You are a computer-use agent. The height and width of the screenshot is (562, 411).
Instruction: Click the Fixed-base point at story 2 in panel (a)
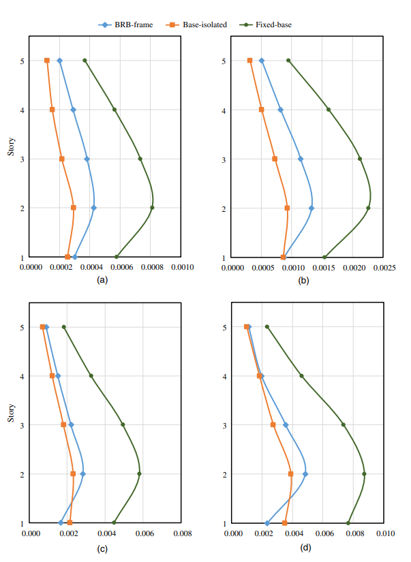[152, 208]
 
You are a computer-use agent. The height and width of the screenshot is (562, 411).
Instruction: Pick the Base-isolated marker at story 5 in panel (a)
[47, 61]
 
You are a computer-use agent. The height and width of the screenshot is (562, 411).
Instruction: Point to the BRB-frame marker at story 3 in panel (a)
[87, 159]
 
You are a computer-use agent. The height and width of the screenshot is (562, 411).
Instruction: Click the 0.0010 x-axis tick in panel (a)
[181, 267]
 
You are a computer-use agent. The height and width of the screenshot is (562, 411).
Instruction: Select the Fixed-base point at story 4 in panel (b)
[329, 110]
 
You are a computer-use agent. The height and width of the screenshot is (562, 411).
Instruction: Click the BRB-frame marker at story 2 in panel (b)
[311, 208]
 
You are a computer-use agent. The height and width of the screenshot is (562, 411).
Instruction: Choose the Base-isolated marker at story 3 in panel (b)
[275, 159]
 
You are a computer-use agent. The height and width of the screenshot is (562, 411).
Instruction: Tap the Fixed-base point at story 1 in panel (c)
[114, 523]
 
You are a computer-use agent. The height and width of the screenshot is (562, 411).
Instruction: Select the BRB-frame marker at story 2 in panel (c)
[82, 474]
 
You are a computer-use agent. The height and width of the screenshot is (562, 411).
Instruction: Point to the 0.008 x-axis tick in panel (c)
[182, 533]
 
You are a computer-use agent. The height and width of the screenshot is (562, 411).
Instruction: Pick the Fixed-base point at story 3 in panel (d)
[344, 424]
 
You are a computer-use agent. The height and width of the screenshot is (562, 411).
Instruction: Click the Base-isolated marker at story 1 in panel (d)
[284, 523]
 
